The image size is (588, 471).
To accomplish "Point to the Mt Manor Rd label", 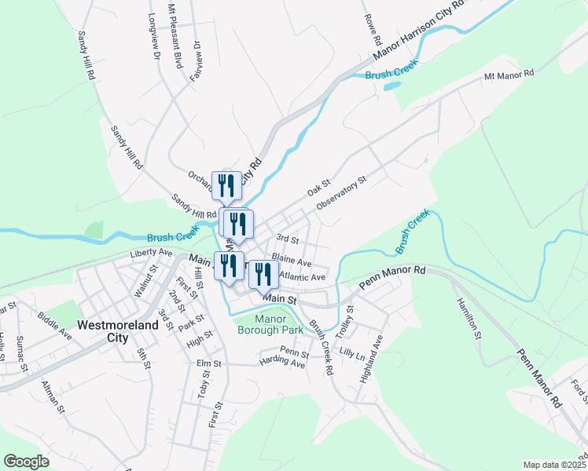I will (x=509, y=74).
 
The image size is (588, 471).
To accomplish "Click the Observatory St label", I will (x=341, y=193).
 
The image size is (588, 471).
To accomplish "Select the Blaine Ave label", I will (x=291, y=257).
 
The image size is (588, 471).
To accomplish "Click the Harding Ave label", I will (x=282, y=363).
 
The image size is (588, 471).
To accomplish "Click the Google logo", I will (x=27, y=462).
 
